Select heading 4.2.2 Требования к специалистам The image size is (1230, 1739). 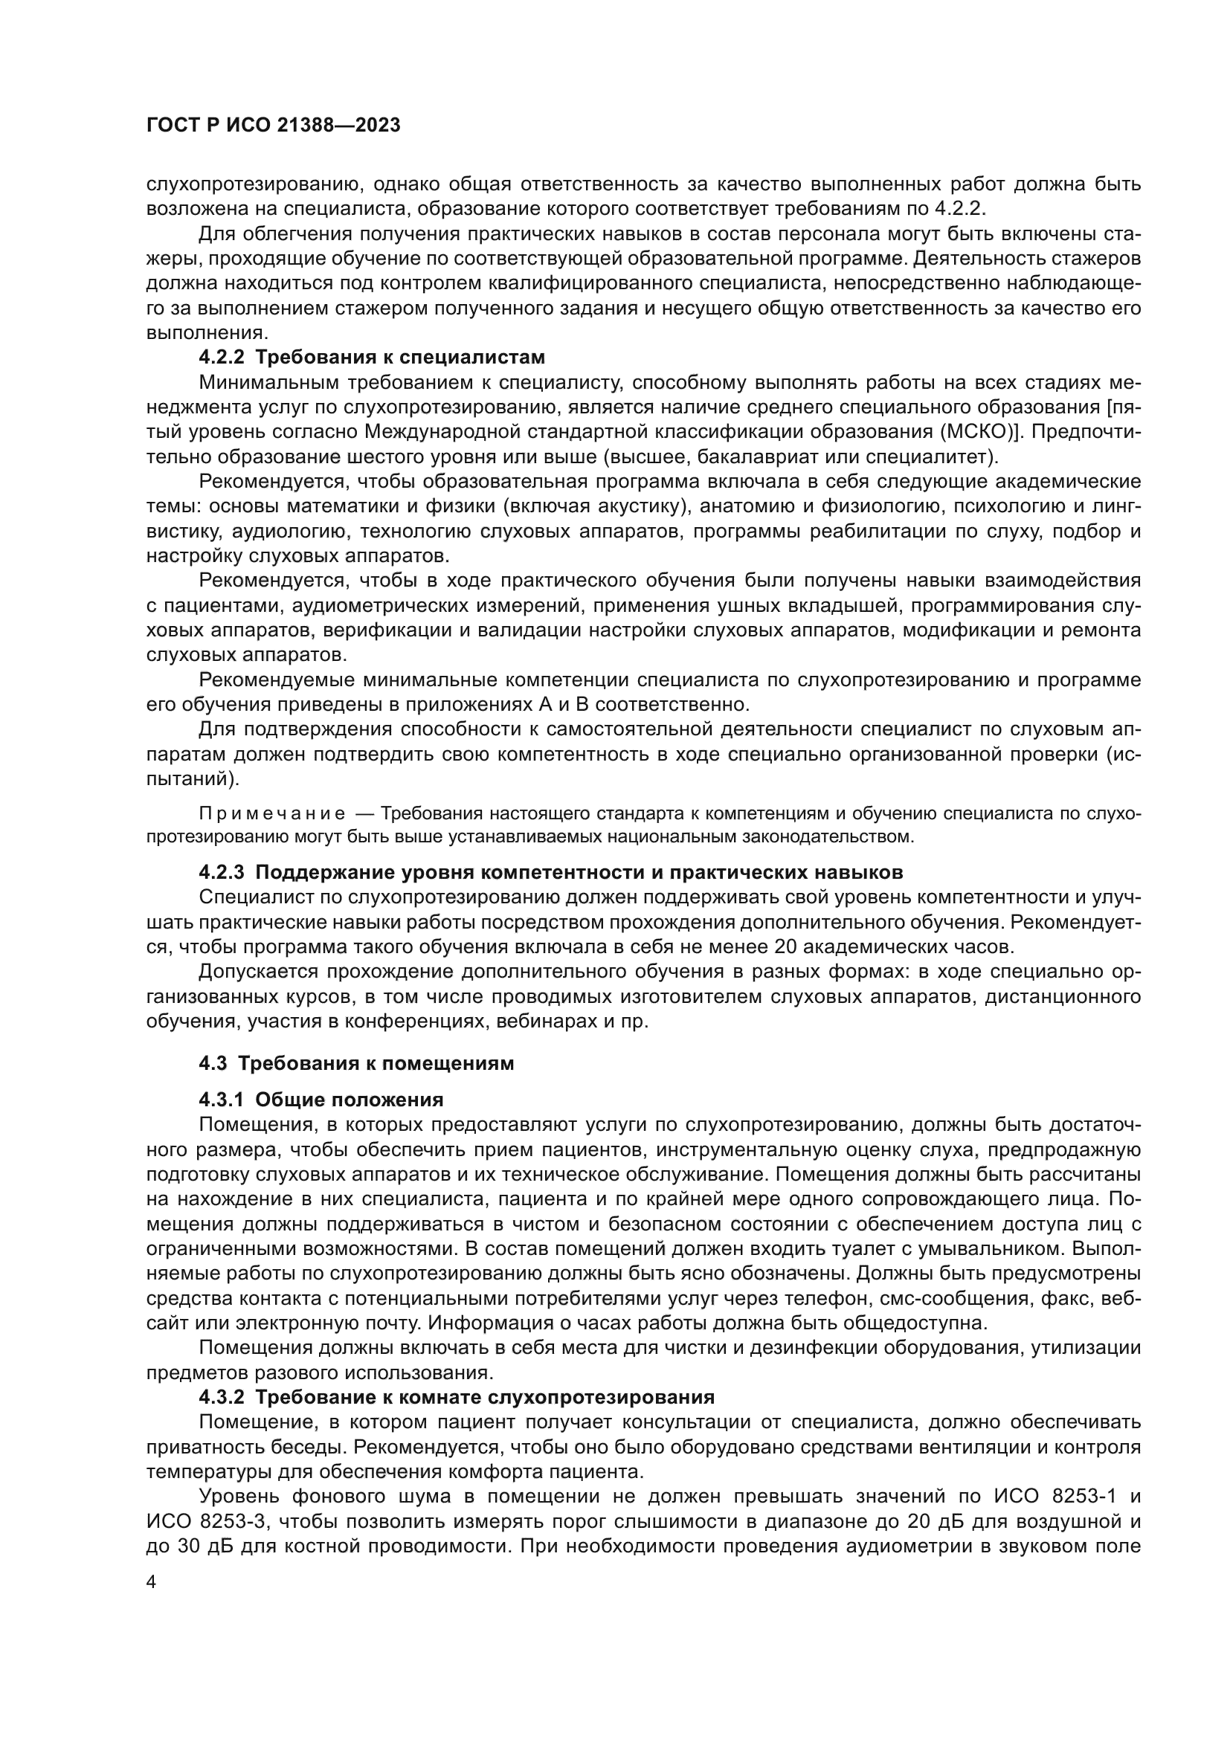(371, 357)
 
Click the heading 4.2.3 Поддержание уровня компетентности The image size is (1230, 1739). (550, 873)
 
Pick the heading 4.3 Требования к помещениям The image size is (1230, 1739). (356, 1063)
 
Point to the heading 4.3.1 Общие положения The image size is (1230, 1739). (321, 1099)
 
